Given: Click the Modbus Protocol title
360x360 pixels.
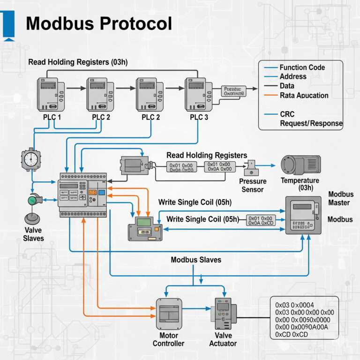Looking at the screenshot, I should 98,23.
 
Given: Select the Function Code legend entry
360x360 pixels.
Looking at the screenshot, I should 302,67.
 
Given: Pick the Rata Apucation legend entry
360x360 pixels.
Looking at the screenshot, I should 304,95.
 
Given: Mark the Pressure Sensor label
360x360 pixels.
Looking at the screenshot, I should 253,185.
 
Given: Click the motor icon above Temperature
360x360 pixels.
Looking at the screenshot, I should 300,165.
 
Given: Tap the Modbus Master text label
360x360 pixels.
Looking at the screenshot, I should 341,198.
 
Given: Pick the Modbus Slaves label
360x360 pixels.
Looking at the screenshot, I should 196,260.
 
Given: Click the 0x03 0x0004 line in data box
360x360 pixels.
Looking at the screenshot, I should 294,305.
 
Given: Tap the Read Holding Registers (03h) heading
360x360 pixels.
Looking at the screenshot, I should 78,62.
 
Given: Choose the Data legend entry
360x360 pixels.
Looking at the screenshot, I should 287,86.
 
